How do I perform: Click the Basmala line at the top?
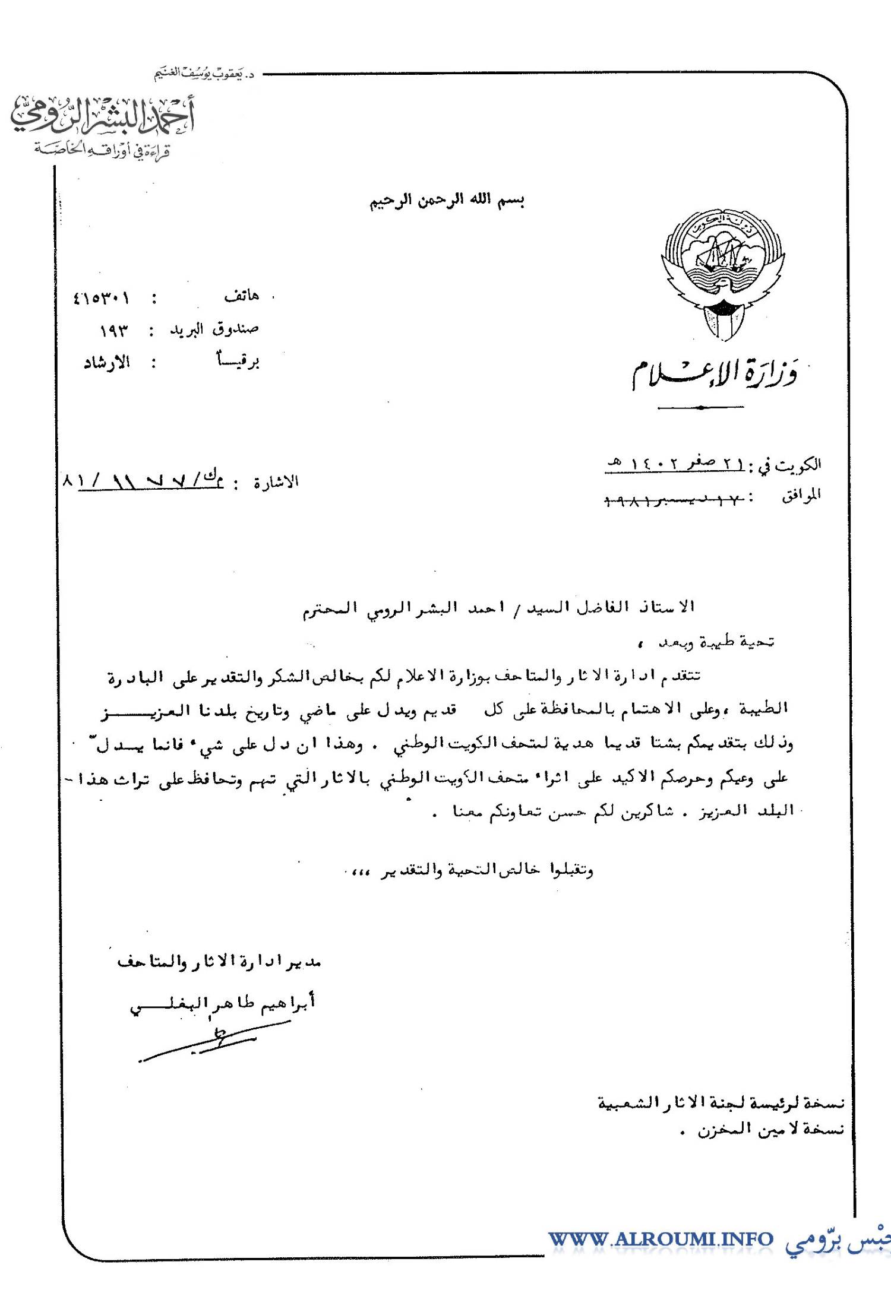point(447,201)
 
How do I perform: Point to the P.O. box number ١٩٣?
point(114,331)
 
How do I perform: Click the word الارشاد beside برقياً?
point(107,363)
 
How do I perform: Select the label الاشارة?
point(276,482)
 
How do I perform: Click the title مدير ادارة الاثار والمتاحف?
point(219,962)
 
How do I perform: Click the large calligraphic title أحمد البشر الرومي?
point(102,116)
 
